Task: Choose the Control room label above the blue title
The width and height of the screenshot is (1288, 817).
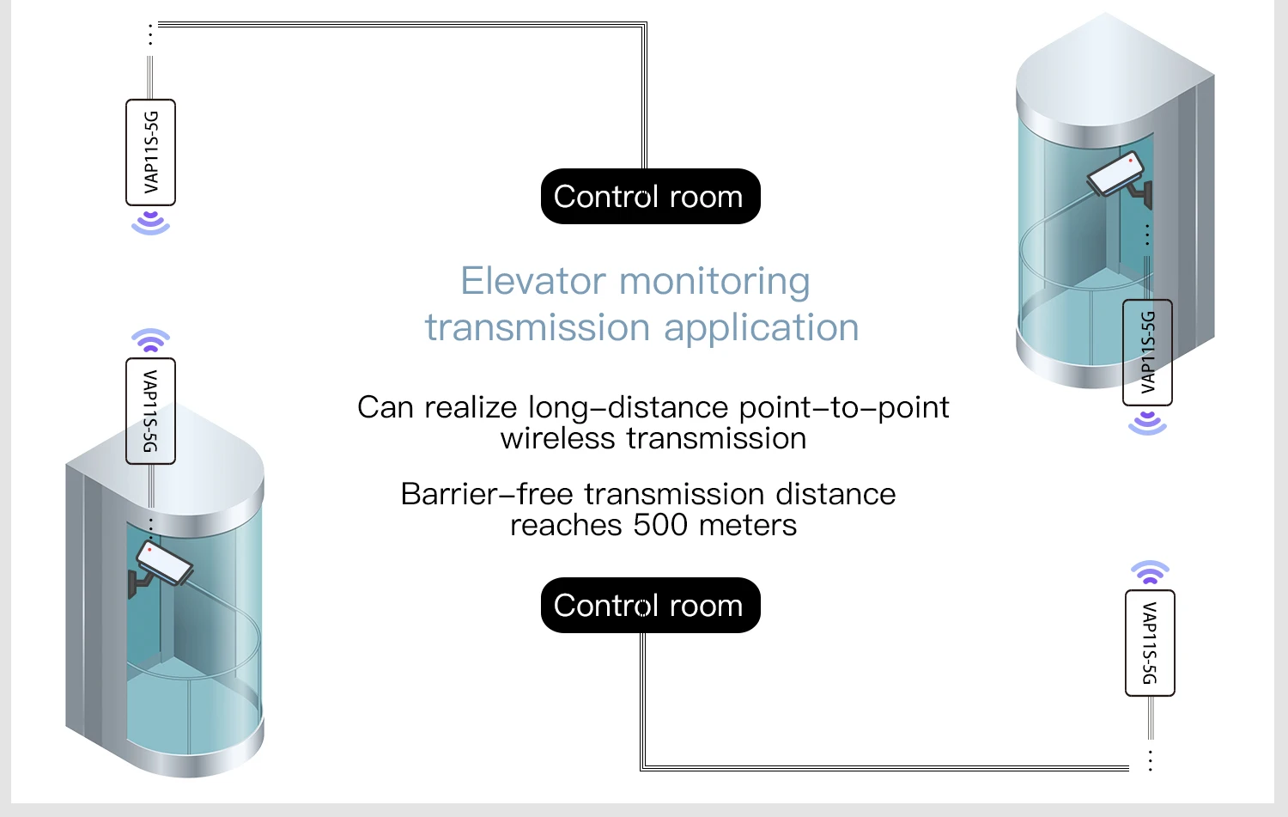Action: click(x=650, y=197)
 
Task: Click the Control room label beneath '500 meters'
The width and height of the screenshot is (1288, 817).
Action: click(x=650, y=606)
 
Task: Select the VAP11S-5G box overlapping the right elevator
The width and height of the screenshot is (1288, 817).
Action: click(x=1147, y=352)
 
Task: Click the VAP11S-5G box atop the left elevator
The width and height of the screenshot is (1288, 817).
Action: click(x=150, y=411)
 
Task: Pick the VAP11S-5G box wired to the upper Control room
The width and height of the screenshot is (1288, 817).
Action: click(x=150, y=152)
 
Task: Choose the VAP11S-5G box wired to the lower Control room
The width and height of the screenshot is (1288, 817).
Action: click(x=1150, y=643)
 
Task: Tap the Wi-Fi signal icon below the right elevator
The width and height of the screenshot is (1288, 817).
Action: click(x=1147, y=423)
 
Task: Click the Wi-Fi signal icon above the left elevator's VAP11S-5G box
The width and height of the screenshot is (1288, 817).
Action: click(x=150, y=341)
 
